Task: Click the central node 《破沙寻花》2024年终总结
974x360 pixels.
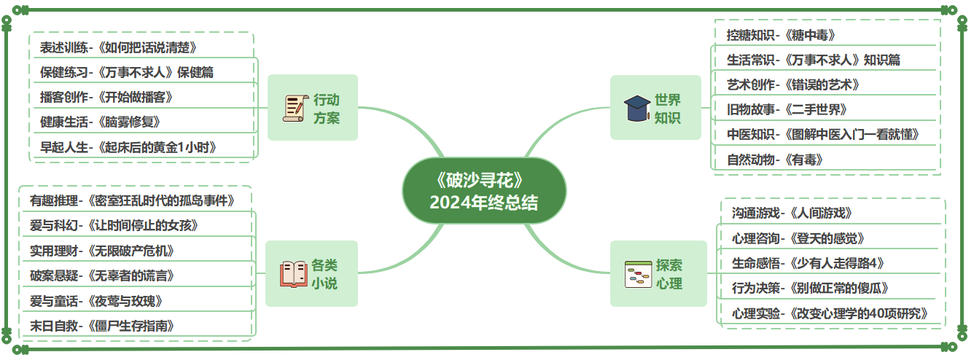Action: click(x=484, y=191)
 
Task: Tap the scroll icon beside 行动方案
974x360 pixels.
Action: click(x=295, y=108)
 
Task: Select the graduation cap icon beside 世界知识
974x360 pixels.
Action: click(x=637, y=108)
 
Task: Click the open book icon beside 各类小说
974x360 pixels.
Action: click(x=294, y=274)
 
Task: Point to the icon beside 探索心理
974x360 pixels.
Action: click(x=638, y=274)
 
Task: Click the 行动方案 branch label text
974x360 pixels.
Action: click(x=327, y=108)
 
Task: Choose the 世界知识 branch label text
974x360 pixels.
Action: click(x=668, y=108)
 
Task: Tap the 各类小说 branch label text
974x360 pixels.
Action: click(x=325, y=274)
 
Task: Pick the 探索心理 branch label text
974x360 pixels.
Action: click(x=669, y=274)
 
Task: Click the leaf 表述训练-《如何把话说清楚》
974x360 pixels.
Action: click(x=119, y=47)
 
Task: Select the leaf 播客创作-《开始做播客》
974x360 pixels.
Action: click(x=106, y=97)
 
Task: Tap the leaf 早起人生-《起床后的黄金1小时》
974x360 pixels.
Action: click(x=128, y=147)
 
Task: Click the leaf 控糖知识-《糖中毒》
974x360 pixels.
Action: click(x=781, y=35)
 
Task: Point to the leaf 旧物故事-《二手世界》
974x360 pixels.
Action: click(x=787, y=109)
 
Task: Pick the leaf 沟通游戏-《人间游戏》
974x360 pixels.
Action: click(x=792, y=213)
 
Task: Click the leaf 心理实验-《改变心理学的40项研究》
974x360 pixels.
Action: click(x=830, y=313)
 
